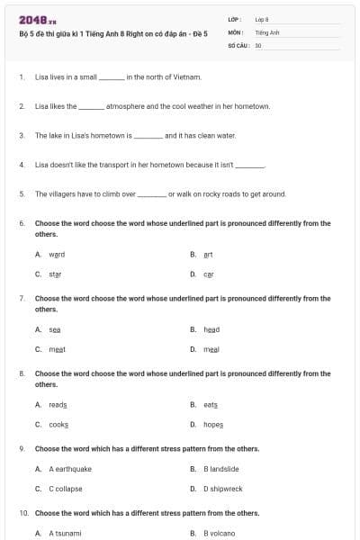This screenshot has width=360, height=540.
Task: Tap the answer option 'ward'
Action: tap(57, 254)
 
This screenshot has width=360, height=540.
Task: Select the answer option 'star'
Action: tap(55, 274)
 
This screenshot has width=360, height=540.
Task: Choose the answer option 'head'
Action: tap(211, 329)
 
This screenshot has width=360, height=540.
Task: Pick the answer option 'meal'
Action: tap(211, 349)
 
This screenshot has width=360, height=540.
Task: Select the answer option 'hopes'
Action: tap(213, 424)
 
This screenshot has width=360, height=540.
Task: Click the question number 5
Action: tap(21, 193)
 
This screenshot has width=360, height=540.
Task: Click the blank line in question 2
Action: tap(92, 106)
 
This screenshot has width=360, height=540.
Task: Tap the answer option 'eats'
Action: tap(211, 404)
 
